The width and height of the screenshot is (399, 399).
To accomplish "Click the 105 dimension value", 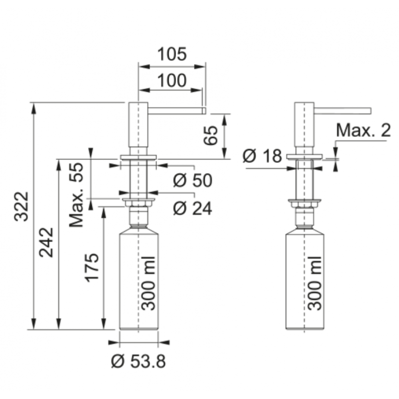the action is [x=172, y=54].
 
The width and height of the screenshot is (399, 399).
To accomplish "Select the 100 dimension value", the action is [x=172, y=81].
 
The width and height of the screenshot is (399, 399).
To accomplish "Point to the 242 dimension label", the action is [x=46, y=242].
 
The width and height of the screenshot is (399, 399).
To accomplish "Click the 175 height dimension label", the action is [x=92, y=268].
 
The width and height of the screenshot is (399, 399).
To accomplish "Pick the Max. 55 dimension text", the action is [x=76, y=195].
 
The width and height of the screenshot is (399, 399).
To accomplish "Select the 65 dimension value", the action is [x=211, y=135].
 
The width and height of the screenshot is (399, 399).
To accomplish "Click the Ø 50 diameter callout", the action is [x=193, y=180].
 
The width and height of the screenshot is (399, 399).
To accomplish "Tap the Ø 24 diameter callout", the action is [x=193, y=208].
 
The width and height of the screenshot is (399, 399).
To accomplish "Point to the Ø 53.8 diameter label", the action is [x=138, y=361].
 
